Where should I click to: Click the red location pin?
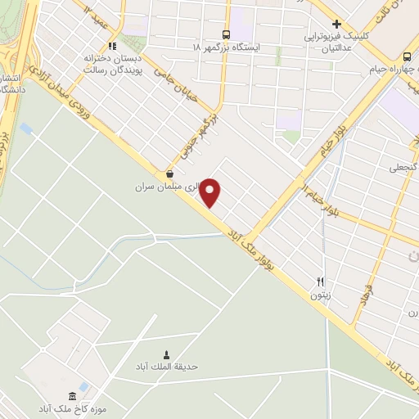coord(211,192)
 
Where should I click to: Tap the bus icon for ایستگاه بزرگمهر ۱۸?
coord(226,34)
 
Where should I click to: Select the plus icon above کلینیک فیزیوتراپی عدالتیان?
coord(336,24)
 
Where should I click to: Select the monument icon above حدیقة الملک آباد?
coord(168,354)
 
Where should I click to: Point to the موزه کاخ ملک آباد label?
coord(71,408)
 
